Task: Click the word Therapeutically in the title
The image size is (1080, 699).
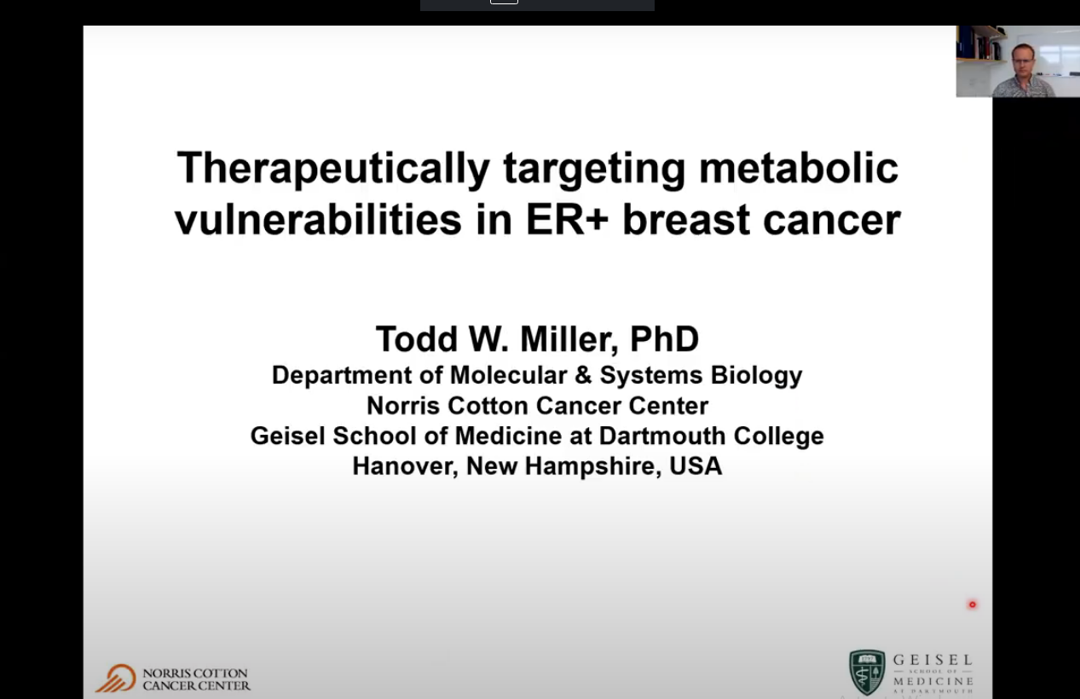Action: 333,169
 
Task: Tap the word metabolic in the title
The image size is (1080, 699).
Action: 799,168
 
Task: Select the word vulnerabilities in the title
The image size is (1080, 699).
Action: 318,219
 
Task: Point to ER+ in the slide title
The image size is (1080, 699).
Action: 567,220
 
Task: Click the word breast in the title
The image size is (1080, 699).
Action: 686,220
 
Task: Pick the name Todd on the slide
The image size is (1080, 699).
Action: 417,339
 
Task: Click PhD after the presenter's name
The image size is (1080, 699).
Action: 664,339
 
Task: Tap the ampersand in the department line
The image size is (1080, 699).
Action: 583,375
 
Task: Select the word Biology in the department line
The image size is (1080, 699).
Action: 756,376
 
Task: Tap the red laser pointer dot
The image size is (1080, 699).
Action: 972,604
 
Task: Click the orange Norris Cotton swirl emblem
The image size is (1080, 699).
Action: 116,679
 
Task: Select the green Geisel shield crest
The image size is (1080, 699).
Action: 867,672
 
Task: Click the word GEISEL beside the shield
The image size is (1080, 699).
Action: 933,660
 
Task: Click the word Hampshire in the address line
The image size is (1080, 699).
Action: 593,467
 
